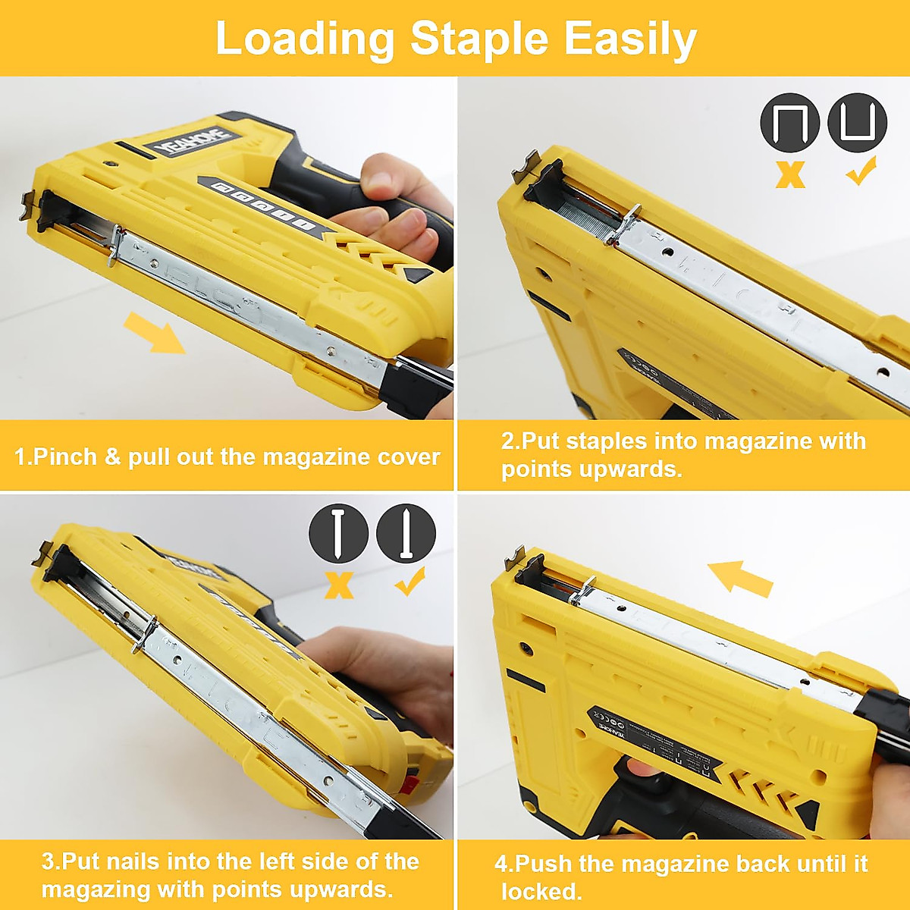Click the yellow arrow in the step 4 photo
(739, 579)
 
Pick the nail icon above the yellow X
(338, 533)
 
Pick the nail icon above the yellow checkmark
(406, 533)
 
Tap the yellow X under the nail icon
(339, 585)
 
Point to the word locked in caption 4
(541, 891)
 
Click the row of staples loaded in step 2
(588, 216)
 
